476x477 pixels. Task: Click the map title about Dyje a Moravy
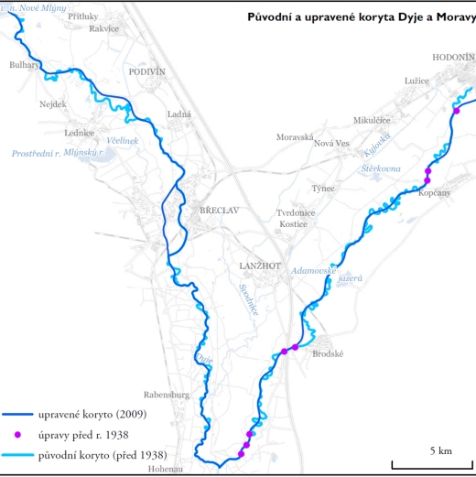362,16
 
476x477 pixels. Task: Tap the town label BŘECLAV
220,211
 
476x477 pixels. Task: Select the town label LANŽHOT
257,266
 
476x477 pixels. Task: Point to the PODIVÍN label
146,71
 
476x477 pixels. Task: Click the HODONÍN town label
454,57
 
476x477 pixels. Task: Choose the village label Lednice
80,133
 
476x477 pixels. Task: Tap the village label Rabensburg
166,396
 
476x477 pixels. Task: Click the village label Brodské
328,353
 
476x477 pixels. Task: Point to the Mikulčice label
373,120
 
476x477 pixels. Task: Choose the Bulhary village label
25,65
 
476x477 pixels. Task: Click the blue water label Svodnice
248,299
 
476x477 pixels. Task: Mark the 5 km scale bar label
440,450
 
